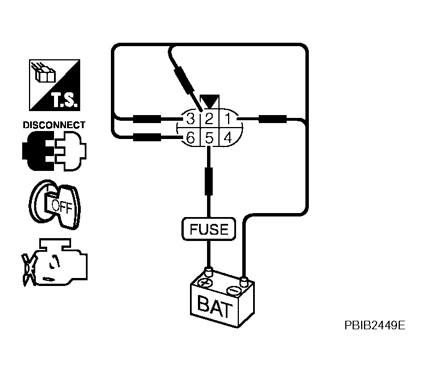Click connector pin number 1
pyautogui.click(x=226, y=119)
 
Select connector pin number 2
pyautogui.click(x=209, y=119)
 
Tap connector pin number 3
pyautogui.click(x=191, y=119)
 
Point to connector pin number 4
pyautogui.click(x=226, y=137)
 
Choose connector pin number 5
pyautogui.click(x=209, y=137)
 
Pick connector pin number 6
pyautogui.click(x=191, y=137)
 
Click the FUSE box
pyautogui.click(x=208, y=229)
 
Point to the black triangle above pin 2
pyautogui.click(x=209, y=103)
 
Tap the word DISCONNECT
pyautogui.click(x=53, y=125)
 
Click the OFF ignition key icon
pyautogui.click(x=55, y=203)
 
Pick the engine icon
pyautogui.click(x=56, y=261)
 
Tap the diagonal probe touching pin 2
pyautogui.click(x=185, y=79)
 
